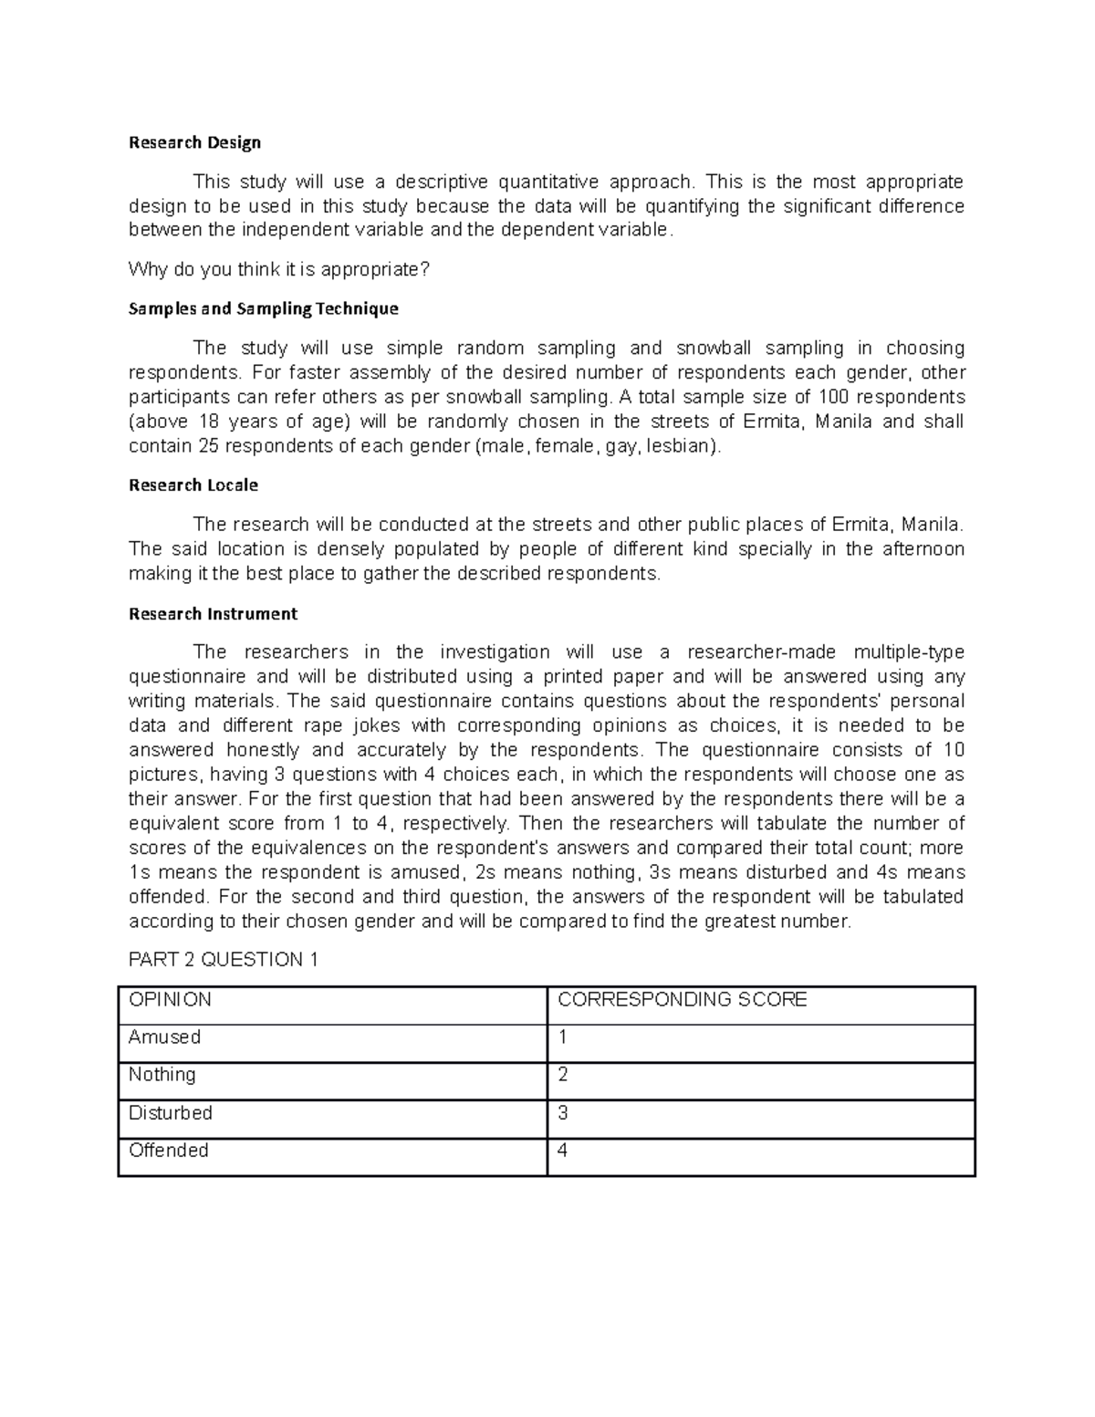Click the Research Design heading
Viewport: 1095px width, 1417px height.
(194, 142)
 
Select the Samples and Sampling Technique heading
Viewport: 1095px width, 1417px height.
(263, 308)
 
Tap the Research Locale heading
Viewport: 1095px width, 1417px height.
(193, 484)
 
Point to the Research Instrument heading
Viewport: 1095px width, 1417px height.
(213, 613)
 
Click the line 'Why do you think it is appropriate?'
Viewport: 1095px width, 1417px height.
(278, 269)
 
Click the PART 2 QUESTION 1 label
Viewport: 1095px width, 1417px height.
(223, 959)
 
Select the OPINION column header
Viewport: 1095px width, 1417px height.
(170, 999)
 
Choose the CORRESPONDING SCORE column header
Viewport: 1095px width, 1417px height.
(682, 999)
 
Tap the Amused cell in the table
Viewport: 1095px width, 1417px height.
(164, 1037)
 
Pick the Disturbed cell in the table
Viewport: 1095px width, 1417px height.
(170, 1112)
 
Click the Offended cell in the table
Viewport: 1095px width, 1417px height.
(168, 1150)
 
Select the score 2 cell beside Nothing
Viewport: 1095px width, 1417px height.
(563, 1075)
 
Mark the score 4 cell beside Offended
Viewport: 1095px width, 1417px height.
(563, 1150)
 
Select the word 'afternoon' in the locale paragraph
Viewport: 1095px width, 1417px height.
(923, 548)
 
